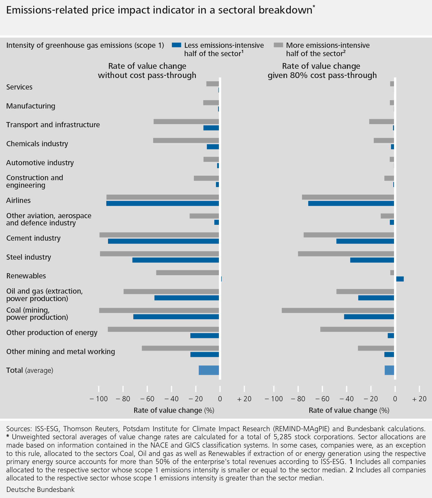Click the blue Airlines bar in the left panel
[x=162, y=204]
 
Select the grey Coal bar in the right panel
[x=338, y=310]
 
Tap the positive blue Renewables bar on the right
[x=400, y=279]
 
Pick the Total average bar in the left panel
[x=209, y=370]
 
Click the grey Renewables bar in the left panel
[x=187, y=273]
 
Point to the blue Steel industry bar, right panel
[x=372, y=260]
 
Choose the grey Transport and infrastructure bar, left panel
[x=186, y=121]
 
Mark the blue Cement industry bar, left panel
[x=163, y=241]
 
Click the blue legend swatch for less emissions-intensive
[x=177, y=45]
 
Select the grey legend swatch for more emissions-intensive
[x=278, y=45]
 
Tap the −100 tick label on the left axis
[x=99, y=399]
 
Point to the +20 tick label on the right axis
[x=419, y=399]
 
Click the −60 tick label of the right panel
[x=322, y=399]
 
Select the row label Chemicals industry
[x=37, y=144]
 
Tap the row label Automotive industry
[x=40, y=163]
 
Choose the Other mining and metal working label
[x=60, y=351]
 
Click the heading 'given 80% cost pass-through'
[x=322, y=75]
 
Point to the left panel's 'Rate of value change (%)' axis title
[x=174, y=410]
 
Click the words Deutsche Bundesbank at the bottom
[x=40, y=489]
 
